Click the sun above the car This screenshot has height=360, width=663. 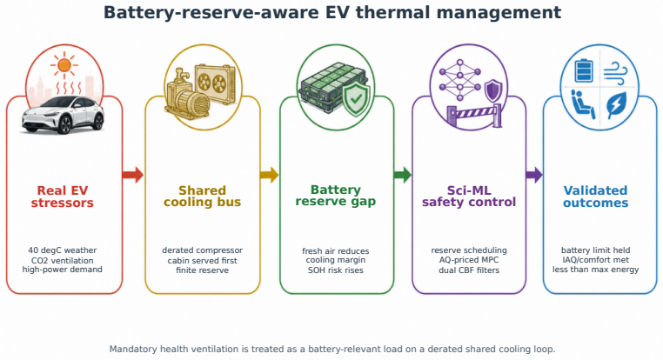click(x=64, y=65)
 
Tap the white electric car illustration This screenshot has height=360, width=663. click(x=63, y=116)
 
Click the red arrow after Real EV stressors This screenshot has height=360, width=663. click(x=133, y=175)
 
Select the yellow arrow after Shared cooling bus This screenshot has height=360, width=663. click(x=270, y=175)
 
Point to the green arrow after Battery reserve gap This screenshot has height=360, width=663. click(x=402, y=175)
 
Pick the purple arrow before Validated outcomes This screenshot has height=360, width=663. click(x=534, y=175)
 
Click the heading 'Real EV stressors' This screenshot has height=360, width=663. click(x=62, y=197)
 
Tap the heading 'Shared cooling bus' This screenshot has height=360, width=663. click(x=202, y=196)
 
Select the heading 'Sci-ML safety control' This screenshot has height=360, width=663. click(x=469, y=196)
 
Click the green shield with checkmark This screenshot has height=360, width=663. click(x=356, y=99)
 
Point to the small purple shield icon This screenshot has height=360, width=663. click(x=493, y=90)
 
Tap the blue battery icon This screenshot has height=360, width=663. click(x=584, y=70)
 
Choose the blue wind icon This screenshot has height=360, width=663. click(x=615, y=73)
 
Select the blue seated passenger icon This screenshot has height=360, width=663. click(x=583, y=104)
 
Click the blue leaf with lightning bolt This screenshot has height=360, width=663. click(x=617, y=105)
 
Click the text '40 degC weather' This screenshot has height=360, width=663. click(x=62, y=250)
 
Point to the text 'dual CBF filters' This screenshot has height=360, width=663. click(x=469, y=270)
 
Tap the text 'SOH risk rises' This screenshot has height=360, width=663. click(x=335, y=270)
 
